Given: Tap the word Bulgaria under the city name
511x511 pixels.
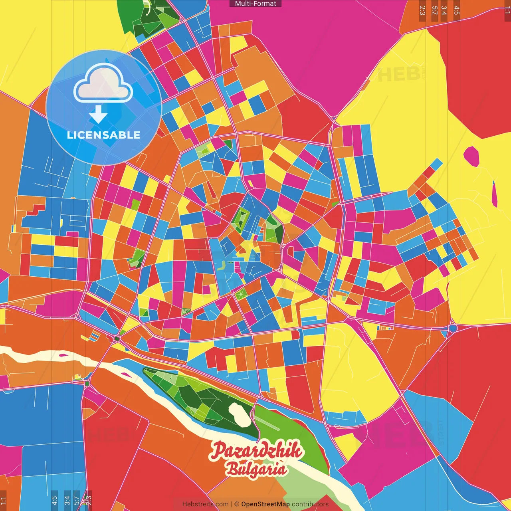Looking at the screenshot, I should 256,468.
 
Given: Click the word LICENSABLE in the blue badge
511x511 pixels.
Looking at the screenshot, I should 103,135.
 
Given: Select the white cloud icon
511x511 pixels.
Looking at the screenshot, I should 103,84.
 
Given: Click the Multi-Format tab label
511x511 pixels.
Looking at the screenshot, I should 255,4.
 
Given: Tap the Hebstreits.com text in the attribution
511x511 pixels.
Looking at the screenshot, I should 205,504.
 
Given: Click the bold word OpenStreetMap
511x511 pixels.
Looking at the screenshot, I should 265,504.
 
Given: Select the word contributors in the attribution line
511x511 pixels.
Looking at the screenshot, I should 310,504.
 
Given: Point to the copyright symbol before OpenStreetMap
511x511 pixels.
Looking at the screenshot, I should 236,504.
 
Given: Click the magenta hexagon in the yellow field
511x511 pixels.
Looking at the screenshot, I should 471,156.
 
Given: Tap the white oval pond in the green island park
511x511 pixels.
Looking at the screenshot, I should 240,414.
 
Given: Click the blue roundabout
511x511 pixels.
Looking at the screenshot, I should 453,328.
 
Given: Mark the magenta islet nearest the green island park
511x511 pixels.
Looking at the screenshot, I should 125,374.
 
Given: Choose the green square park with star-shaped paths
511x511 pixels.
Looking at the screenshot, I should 240,295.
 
